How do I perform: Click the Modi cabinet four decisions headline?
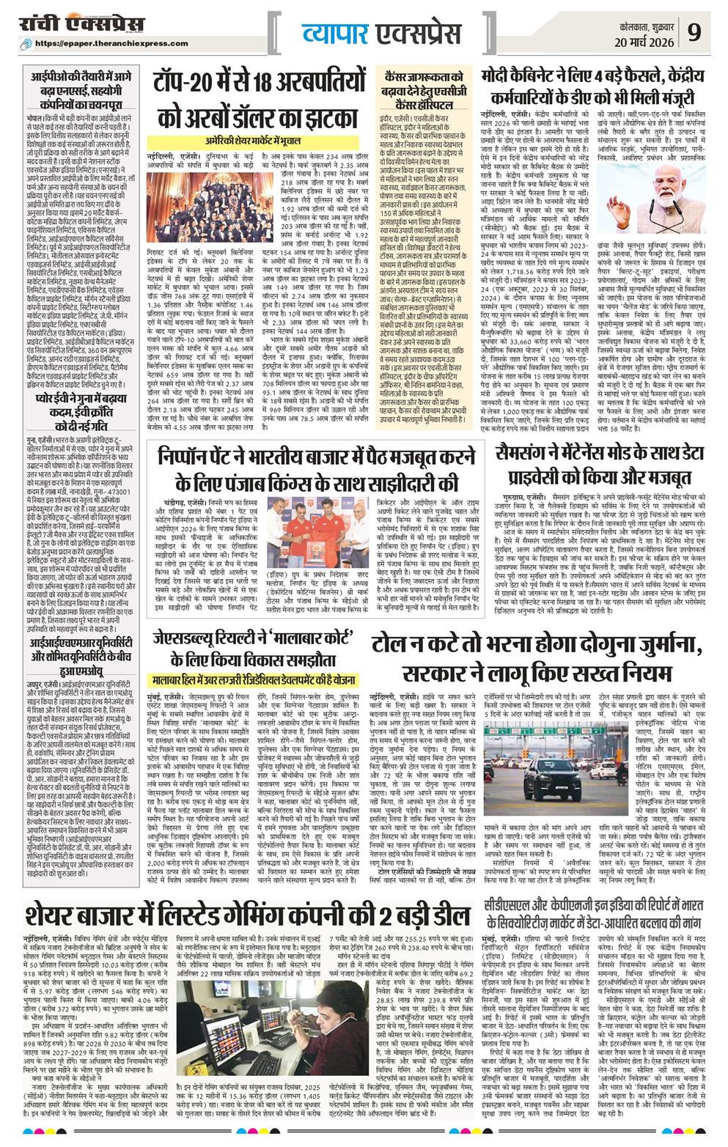603,87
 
